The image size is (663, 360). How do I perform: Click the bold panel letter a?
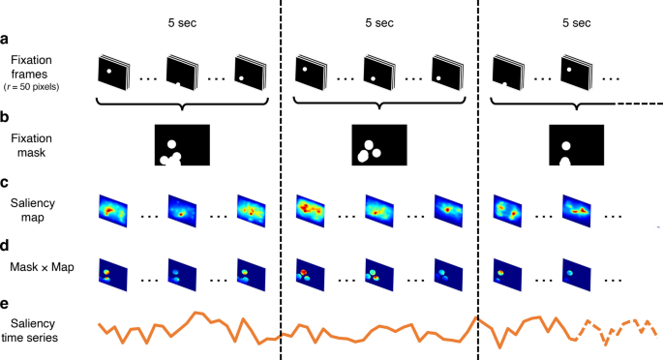(7, 39)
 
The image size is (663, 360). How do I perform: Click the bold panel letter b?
(7, 118)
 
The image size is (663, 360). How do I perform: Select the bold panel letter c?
(7, 181)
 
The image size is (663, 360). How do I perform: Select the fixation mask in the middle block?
(378, 145)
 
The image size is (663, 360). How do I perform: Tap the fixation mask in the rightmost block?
(576, 145)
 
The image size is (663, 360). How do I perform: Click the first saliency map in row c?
(114, 210)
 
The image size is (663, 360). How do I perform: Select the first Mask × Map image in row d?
(113, 273)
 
